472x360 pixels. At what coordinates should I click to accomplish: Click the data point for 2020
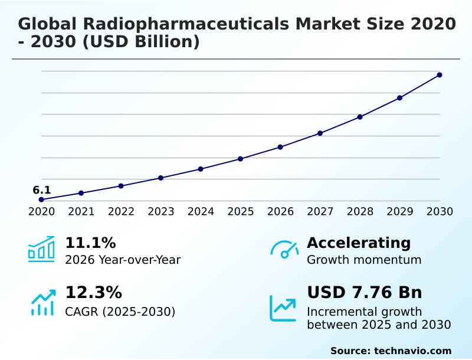click(x=41, y=200)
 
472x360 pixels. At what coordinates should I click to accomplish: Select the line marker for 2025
click(x=241, y=159)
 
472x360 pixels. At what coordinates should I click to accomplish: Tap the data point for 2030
click(x=440, y=75)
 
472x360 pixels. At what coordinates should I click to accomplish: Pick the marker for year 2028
click(x=360, y=117)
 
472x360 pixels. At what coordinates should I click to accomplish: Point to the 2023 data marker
click(x=160, y=178)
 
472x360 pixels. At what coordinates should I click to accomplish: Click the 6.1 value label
click(x=41, y=190)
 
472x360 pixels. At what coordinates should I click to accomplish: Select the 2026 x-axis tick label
click(x=280, y=212)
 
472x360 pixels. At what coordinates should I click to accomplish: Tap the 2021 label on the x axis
click(x=81, y=212)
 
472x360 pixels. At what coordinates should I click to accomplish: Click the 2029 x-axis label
click(x=400, y=212)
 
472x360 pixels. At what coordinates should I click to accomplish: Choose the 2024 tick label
click(x=201, y=212)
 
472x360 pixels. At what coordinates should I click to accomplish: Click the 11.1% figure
click(x=90, y=243)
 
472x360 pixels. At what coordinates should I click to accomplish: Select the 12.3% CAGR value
click(x=93, y=293)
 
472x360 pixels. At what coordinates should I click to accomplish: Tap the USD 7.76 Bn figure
click(x=365, y=293)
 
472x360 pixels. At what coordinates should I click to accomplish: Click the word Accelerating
click(x=359, y=243)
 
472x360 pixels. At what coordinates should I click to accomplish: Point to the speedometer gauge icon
click(x=284, y=249)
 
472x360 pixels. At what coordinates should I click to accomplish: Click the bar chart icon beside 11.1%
click(x=41, y=249)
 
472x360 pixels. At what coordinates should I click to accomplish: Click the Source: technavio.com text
click(x=391, y=351)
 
